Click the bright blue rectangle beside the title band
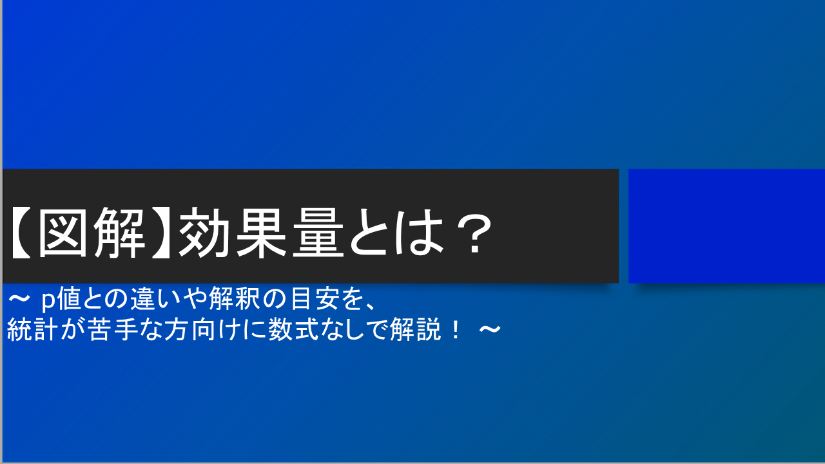pyautogui.click(x=726, y=226)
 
